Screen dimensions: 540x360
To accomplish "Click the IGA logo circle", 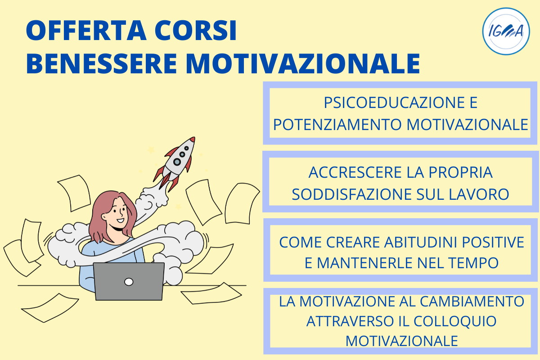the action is coord(506,31).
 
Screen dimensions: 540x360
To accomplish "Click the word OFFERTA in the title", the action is coord(86,31).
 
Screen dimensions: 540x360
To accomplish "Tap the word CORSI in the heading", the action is coord(195,31).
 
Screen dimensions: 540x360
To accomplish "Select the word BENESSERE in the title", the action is coord(102,63).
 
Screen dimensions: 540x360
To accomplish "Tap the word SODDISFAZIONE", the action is coord(352,194).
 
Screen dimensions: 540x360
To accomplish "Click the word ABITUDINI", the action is coord(420,242).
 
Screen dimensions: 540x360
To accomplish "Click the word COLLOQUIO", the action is coord(455,322).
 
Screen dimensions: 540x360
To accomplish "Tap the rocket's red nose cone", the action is coord(193,139).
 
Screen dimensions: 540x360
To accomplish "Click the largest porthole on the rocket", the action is coord(177,162).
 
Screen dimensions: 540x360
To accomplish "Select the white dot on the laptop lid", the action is coord(129,282).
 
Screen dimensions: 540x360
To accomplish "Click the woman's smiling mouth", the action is coord(120,220).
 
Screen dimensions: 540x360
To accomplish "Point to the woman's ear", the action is coord(104,216).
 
